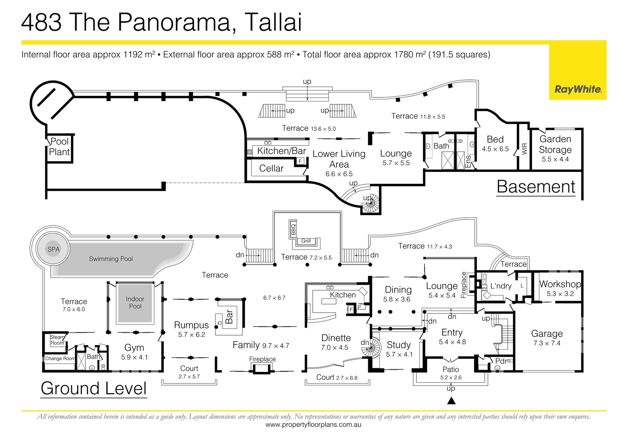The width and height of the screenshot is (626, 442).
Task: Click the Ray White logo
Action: coord(578,90)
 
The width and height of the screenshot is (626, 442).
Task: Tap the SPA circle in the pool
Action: coord(53,249)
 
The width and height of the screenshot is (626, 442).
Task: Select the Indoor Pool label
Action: coord(135,302)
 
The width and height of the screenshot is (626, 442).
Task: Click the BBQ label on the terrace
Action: coord(293,229)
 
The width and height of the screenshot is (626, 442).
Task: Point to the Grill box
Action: coord(306,241)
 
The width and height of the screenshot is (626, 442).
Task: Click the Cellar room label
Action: coord(271,168)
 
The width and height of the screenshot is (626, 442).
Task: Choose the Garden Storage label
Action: coord(555,144)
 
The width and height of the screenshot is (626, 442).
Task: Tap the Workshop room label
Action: coord(560,284)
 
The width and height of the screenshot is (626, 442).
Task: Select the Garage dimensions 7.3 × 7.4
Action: coord(547,343)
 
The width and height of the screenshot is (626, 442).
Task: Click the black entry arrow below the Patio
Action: coord(451,401)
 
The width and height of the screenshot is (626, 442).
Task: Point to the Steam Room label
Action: coord(57,340)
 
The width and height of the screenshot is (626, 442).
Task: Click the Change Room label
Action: coord(60,359)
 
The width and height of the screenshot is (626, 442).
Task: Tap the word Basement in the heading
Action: coord(536,187)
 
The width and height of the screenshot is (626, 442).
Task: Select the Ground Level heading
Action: coord(94,388)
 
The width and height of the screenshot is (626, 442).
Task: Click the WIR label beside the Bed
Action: coord(524,149)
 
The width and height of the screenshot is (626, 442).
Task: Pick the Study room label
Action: coord(398,345)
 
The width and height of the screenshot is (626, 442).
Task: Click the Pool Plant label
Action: coord(59,147)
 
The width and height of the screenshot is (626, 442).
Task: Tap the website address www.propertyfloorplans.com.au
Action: coord(313,425)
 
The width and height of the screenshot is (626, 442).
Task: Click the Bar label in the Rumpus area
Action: coord(229,316)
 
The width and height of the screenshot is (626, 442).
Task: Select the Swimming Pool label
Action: coord(111,259)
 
